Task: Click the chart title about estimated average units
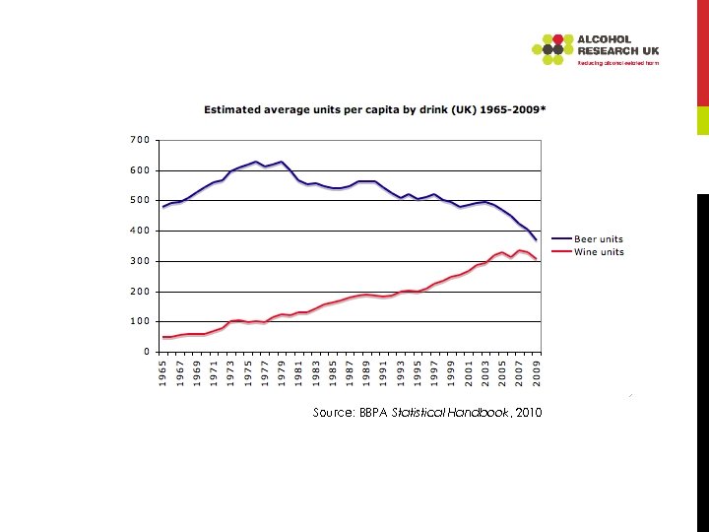coord(373,110)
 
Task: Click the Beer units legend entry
coord(587,239)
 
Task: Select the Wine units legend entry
coord(587,252)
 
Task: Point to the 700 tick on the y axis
coord(140,140)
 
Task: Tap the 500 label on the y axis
coord(140,201)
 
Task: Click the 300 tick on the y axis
coord(140,261)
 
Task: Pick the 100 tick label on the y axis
coord(140,321)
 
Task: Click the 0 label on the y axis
coord(147,352)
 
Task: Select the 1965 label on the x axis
coord(163,375)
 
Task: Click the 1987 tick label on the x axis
coord(351,375)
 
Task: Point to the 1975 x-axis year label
coord(248,375)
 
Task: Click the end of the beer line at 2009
coord(537,240)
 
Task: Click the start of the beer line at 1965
coord(163,208)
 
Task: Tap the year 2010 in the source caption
coord(528,412)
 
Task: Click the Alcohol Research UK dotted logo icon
coord(552,48)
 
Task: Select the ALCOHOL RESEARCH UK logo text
coord(618,45)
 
